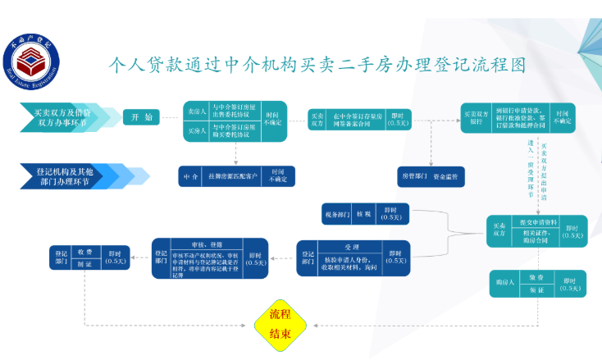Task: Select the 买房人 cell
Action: coord(194,130)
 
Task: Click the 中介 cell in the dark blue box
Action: coord(192,176)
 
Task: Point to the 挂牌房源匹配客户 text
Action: coord(233,176)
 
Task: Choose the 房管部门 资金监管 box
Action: coord(430,175)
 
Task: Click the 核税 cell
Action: coord(371,216)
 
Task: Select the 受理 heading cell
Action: coord(350,247)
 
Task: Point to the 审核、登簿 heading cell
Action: coord(207,244)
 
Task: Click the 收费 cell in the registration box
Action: coord(85,252)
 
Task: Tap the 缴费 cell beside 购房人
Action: coord(536,277)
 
